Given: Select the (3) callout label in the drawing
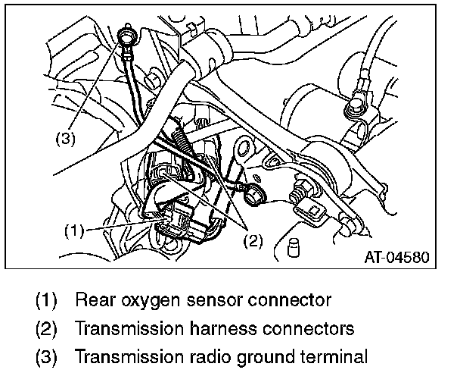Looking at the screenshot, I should point(65,139).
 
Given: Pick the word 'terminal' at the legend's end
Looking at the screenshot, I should point(319,356).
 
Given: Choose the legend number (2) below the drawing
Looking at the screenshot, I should point(48,328).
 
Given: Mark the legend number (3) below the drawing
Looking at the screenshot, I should point(48,356).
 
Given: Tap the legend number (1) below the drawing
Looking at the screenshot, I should point(48,300).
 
